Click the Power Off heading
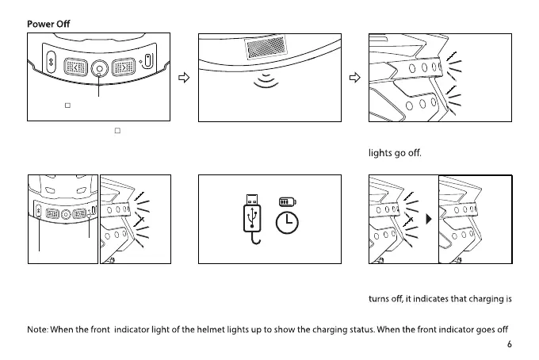(48, 24)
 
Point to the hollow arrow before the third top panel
(355, 78)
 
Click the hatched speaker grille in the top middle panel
(271, 50)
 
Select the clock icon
(287, 224)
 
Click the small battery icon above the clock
(286, 203)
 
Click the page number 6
(510, 345)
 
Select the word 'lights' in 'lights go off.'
(380, 154)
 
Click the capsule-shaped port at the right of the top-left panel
(148, 60)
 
